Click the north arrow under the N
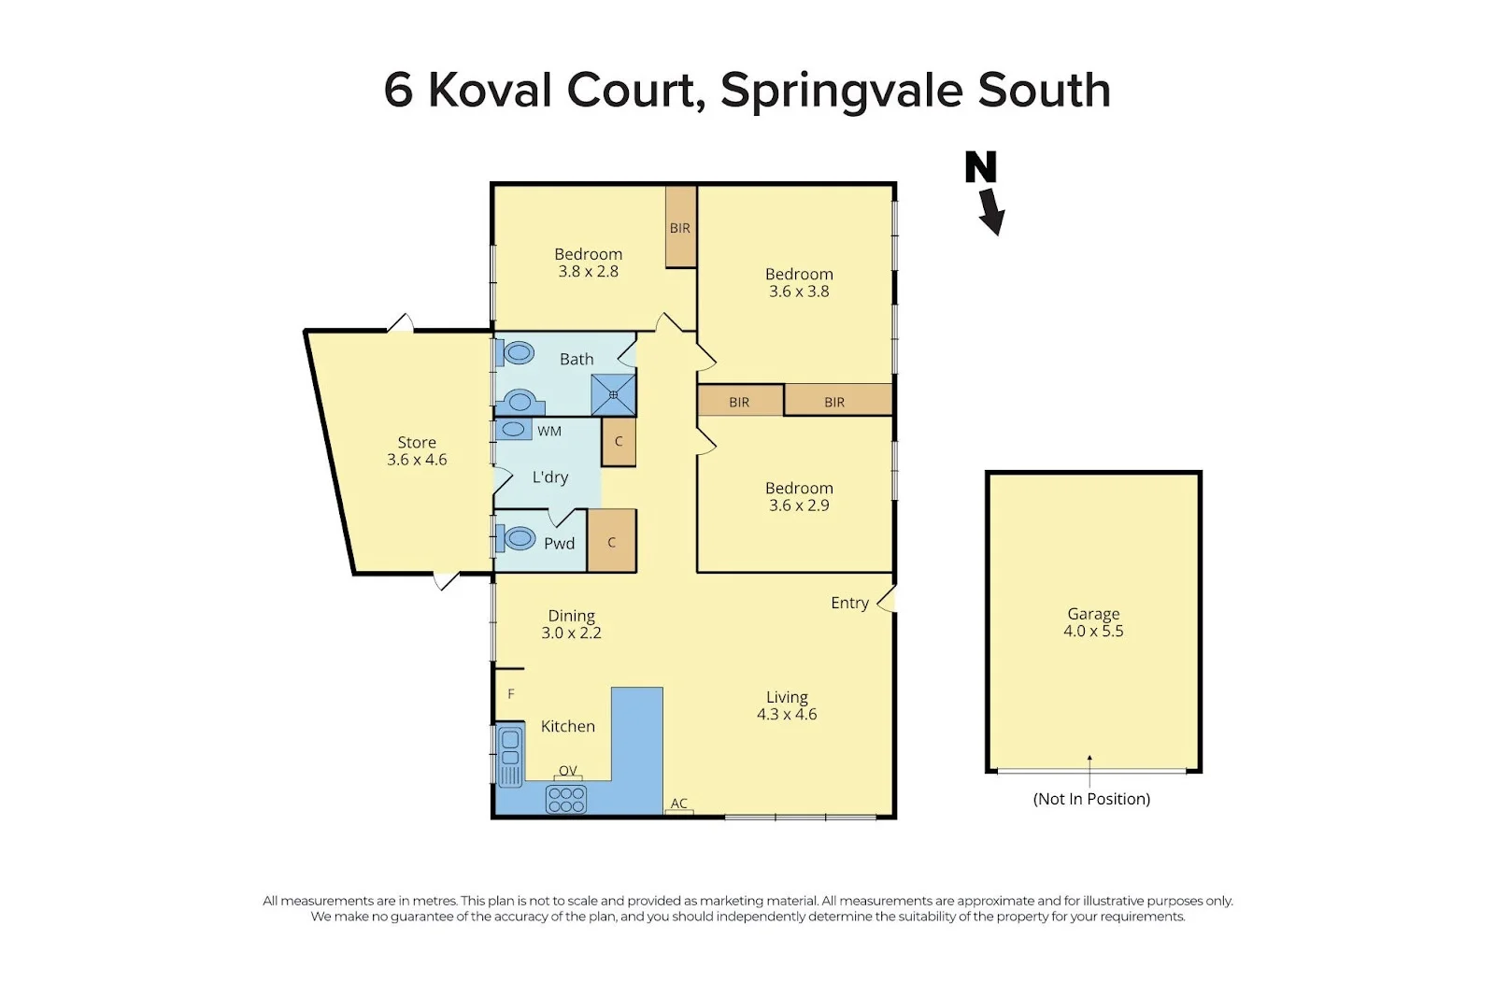991,212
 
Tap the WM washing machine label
549,431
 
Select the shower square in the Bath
613,395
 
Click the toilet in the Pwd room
518,539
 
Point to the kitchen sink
510,756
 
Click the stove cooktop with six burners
566,800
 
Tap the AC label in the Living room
679,804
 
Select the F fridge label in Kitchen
511,694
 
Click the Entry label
849,603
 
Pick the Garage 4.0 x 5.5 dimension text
1093,631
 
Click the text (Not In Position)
1091,799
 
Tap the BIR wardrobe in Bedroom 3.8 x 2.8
680,228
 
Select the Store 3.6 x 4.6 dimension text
417,460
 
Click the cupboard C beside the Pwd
612,542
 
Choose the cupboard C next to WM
619,442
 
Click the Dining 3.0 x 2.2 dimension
571,633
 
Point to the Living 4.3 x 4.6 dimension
787,714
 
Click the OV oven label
567,771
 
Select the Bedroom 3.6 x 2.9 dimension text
799,505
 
